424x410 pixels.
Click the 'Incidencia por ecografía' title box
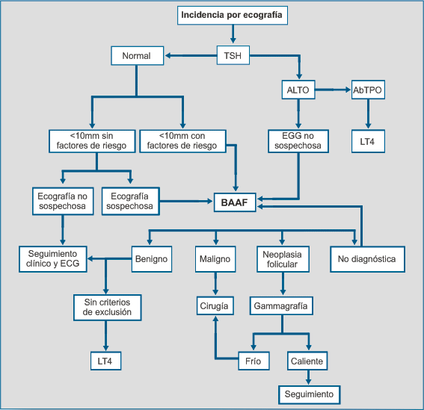tap(233, 16)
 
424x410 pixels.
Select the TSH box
tap(233, 55)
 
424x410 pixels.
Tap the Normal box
tap(138, 56)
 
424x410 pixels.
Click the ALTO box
tap(298, 90)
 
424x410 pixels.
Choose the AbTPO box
tap(368, 90)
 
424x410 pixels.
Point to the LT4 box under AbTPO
tap(368, 141)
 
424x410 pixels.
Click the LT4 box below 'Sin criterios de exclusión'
tap(105, 361)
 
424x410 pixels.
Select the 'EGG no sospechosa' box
tap(298, 141)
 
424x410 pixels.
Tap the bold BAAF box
tap(235, 202)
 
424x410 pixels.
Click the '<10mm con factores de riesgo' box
tap(182, 141)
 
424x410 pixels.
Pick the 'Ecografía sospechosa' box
tap(131, 201)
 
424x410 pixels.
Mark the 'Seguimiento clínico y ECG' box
tap(53, 259)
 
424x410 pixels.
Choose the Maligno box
tap(215, 259)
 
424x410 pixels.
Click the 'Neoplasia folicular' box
tap(283, 259)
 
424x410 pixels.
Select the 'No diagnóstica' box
tap(367, 259)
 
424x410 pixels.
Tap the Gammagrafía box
tap(281, 305)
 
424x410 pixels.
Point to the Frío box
tap(254, 361)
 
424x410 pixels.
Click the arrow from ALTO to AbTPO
tap(334, 90)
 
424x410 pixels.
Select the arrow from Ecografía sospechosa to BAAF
tap(186, 201)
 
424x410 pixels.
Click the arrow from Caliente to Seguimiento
tap(308, 378)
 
